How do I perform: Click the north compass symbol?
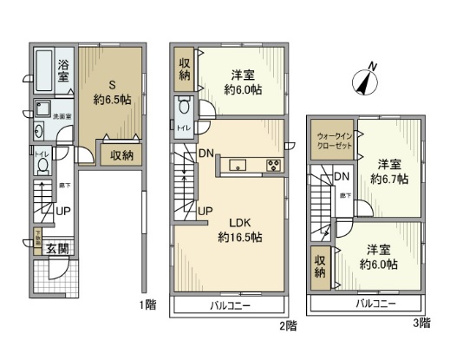tap(366, 80)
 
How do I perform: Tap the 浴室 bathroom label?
tap(64, 70)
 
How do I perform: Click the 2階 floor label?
tap(288, 326)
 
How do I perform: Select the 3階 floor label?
tap(421, 323)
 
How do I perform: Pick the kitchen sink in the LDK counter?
tap(238, 166)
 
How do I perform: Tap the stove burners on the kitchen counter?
tap(272, 166)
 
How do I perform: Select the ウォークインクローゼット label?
tap(333, 141)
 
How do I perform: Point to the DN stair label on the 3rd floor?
tap(342, 177)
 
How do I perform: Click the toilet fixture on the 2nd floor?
tap(184, 109)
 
